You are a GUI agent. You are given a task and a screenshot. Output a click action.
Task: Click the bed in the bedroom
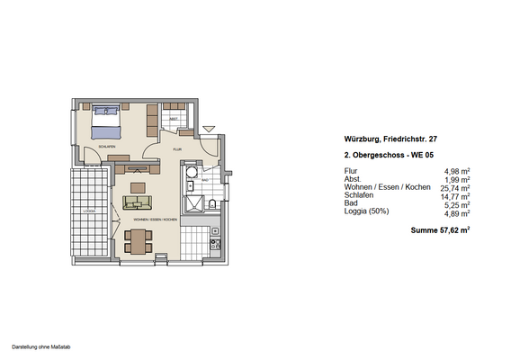click(106, 120)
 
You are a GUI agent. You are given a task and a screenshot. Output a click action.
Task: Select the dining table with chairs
click(137, 240)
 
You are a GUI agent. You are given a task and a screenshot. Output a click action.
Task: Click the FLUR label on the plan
click(178, 149)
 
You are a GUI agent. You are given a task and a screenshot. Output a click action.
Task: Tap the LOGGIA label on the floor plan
click(88, 212)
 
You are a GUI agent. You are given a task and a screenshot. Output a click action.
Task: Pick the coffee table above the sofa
click(137, 186)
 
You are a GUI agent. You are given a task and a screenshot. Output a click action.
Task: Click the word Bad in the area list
click(350, 204)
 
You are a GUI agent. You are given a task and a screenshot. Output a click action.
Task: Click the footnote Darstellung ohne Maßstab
click(41, 346)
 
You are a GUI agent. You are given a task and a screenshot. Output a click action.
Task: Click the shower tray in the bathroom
click(191, 177)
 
